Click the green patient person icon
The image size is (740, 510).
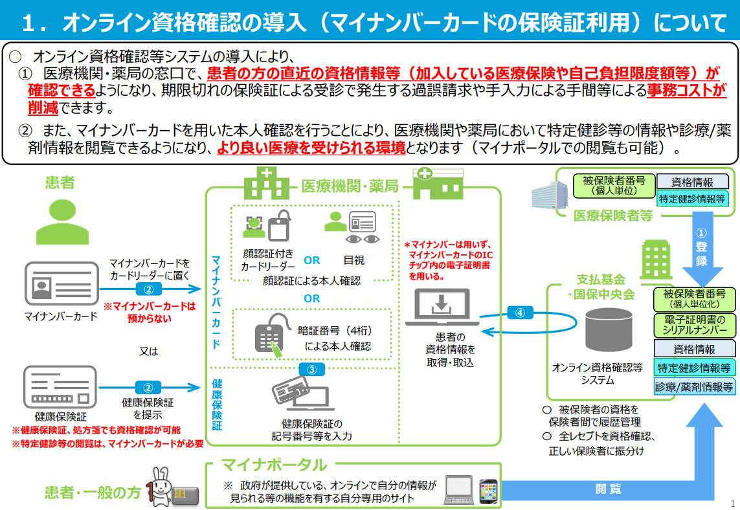(62, 222)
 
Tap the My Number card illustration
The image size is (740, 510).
(62, 283)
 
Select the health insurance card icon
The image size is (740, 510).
(60, 387)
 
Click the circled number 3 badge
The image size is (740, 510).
(312, 370)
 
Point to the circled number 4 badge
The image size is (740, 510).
(520, 313)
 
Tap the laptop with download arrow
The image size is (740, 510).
(442, 307)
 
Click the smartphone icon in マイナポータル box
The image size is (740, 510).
(488, 491)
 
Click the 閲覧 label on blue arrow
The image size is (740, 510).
(608, 489)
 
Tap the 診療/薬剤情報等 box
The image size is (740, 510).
(694, 387)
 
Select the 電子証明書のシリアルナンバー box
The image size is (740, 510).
(694, 325)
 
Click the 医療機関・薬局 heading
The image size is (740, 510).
(350, 186)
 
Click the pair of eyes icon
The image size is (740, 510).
(363, 239)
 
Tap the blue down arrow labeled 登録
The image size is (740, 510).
(702, 249)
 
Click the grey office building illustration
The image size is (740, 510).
(549, 194)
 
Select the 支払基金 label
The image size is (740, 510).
(601, 280)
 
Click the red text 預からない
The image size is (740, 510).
(149, 318)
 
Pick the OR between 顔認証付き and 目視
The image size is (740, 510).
(312, 260)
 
